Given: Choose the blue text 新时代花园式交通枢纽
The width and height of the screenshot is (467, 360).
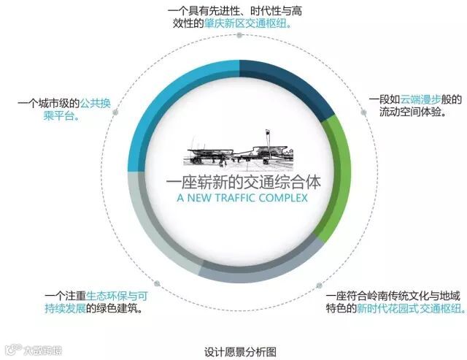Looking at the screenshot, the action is pyautogui.click(x=409, y=308).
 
